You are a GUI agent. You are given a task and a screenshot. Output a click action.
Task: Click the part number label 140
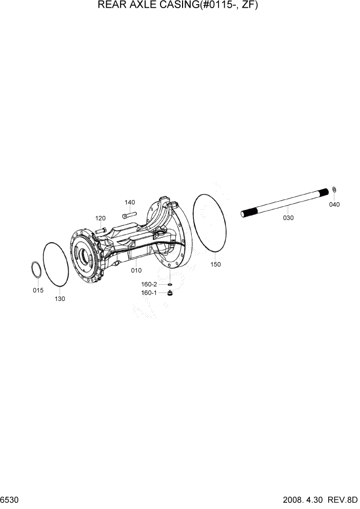(130, 202)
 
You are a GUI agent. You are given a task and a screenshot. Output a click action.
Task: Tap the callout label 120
(100, 218)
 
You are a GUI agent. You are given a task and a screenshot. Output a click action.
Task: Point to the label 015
(38, 290)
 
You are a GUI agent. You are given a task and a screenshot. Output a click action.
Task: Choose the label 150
(215, 264)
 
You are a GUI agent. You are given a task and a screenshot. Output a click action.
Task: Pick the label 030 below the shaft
(288, 218)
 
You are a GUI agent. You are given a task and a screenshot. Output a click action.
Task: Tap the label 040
(334, 204)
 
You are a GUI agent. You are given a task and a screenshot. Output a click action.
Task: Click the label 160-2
(150, 284)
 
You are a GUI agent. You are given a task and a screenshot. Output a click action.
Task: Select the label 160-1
(149, 293)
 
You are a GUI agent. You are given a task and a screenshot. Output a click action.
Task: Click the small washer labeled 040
(334, 191)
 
